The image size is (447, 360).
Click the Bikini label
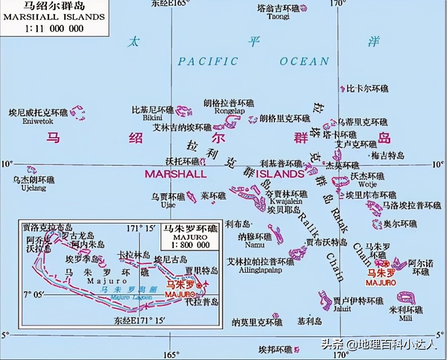[x=150, y=117]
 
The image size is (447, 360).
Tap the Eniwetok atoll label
[x=38, y=121]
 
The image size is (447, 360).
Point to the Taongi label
[x=278, y=17]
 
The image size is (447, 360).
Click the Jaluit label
[x=340, y=308]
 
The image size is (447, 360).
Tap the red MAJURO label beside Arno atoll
[x=380, y=283]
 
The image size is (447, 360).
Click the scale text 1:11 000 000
[x=53, y=28]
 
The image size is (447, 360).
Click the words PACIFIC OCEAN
[x=253, y=62]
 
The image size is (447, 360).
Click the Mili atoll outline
[x=408, y=298]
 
